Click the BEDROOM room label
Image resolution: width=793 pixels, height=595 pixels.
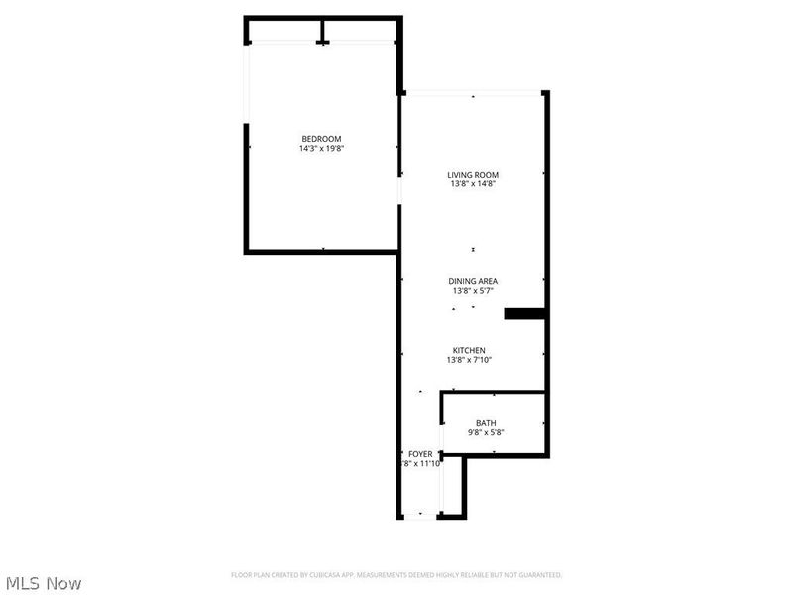321,138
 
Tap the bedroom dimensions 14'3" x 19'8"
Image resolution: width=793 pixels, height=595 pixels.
321,149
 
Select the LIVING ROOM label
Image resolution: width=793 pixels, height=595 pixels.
473,175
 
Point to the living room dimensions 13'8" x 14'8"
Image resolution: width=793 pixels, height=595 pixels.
473,184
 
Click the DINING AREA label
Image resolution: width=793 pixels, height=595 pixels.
474,281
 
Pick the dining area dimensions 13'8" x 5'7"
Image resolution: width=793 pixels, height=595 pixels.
474,291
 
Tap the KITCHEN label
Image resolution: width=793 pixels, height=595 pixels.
469,350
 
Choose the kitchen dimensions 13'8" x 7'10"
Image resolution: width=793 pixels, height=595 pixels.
469,360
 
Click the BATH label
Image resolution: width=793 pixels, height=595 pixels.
486,422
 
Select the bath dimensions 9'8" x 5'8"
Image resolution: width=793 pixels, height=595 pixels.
486,432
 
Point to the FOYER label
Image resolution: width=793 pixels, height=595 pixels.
420,453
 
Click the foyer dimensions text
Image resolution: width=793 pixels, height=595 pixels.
420,463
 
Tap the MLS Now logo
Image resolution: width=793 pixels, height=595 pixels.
44,583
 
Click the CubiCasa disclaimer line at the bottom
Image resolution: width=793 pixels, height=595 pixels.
396,575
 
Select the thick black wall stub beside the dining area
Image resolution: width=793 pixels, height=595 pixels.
525,314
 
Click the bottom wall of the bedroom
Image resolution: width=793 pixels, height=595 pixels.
321,252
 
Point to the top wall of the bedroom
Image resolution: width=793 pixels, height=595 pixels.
322,17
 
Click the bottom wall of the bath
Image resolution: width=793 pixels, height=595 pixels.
496,455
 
